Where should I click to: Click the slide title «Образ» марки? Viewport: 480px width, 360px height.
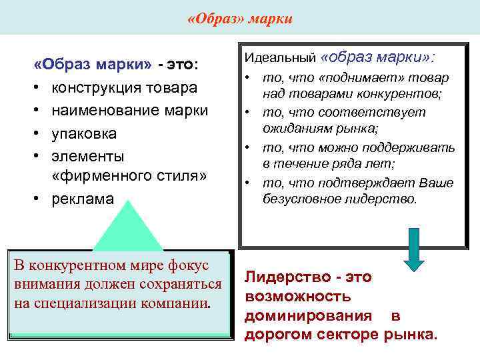click(x=239, y=17)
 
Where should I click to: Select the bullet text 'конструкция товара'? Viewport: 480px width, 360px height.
click(x=124, y=88)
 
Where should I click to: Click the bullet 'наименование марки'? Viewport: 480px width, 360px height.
click(x=130, y=110)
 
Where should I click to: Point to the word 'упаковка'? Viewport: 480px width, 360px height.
click(x=84, y=133)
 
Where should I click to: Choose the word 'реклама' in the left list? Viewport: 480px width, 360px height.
click(x=83, y=199)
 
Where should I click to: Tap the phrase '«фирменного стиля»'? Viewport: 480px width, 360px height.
click(x=129, y=177)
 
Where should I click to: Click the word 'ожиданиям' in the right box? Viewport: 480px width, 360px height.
click(x=291, y=128)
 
